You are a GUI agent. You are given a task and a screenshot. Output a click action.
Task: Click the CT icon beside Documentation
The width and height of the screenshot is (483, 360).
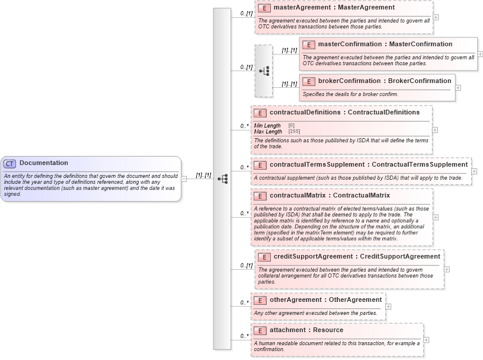[10, 164]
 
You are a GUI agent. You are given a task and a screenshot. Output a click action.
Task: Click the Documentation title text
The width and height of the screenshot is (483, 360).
[43, 163]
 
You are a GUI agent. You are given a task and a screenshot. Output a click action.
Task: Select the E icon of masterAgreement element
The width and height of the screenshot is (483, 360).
[264, 8]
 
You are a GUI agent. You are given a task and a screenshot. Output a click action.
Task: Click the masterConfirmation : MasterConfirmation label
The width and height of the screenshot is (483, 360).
[385, 44]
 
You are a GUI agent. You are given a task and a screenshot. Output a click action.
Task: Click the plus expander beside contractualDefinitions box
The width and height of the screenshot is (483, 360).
[436, 130]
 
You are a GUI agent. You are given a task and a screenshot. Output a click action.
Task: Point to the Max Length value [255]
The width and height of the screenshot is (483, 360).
[294, 131]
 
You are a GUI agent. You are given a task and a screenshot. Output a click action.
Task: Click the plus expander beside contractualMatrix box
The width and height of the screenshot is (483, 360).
[436, 217]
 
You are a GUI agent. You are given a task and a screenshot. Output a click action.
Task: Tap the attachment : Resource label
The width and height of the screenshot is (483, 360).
[306, 330]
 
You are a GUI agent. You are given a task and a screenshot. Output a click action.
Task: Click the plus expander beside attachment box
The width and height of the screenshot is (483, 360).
[427, 340]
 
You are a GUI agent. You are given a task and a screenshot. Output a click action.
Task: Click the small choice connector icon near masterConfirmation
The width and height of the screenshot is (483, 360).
[264, 71]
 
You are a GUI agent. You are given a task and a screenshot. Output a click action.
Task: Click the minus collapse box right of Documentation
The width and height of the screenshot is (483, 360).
[185, 179]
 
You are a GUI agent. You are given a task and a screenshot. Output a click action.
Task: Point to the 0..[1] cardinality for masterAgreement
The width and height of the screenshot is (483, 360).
[247, 12]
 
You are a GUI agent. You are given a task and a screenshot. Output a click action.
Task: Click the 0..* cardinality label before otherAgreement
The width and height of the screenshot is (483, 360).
[244, 302]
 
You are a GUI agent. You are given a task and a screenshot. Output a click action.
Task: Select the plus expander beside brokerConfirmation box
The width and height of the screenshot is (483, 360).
[458, 88]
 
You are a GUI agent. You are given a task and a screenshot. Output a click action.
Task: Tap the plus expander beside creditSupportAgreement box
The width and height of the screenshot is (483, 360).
[447, 269]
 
